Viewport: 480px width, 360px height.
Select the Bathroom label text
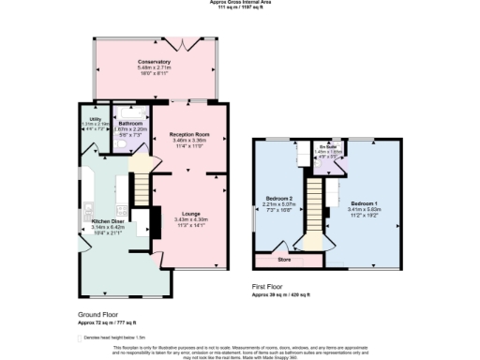(x=130, y=124)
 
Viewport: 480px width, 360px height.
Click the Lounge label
(x=190, y=214)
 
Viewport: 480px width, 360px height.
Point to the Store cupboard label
(x=284, y=258)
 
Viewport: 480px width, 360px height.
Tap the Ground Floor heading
(x=96, y=316)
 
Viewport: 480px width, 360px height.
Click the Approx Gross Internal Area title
(x=240, y=3)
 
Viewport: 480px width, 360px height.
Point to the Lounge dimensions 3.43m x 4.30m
(x=190, y=219)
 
